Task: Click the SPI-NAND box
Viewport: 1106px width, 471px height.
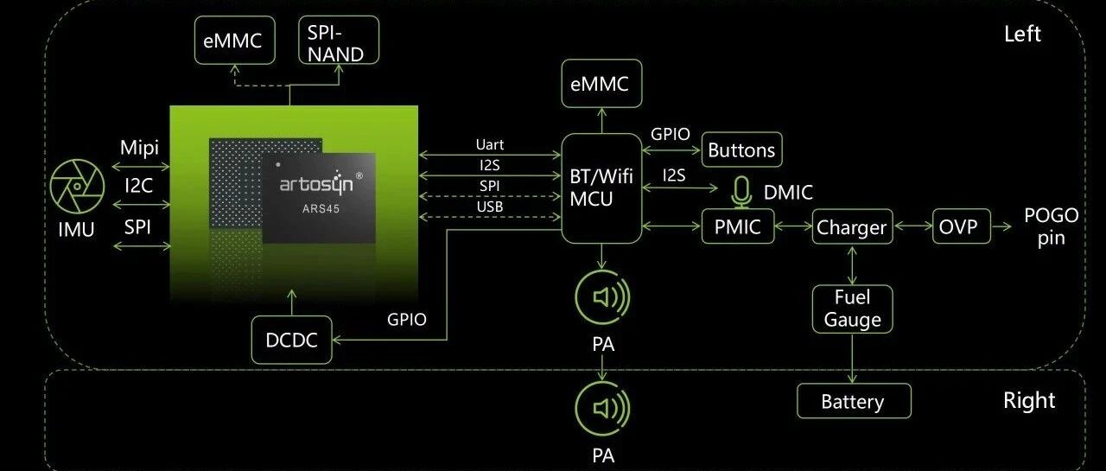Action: point(339,40)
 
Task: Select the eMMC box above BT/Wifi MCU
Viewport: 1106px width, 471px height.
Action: point(601,84)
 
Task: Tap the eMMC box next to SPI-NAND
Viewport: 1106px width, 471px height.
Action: point(234,40)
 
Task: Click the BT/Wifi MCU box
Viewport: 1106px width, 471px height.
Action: point(601,188)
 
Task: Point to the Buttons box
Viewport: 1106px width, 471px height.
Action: point(741,150)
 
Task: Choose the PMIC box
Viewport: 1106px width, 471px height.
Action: point(738,226)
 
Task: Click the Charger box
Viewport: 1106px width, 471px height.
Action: point(852,226)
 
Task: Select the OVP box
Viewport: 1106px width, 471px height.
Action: point(962,226)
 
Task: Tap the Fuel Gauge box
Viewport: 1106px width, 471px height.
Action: point(852,309)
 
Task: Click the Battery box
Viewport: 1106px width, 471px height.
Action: point(854,401)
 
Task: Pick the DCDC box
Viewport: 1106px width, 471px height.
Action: point(291,340)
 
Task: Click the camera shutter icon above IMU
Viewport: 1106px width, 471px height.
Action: point(77,186)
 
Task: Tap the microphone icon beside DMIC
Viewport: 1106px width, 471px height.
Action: point(741,192)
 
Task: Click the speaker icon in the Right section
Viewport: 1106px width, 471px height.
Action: point(602,409)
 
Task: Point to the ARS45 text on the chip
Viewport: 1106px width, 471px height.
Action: point(321,209)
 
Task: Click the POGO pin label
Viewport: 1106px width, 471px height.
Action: point(1052,226)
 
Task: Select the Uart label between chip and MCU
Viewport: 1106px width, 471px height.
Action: point(489,144)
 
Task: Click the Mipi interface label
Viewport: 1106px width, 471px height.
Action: point(139,148)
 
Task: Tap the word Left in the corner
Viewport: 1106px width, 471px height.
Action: point(1022,34)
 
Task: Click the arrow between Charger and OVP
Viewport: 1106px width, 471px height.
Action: point(913,226)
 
